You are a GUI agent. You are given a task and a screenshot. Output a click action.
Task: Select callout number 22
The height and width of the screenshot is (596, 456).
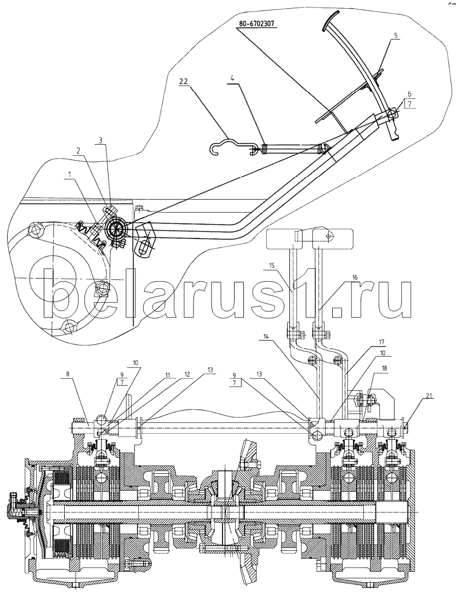tap(184, 81)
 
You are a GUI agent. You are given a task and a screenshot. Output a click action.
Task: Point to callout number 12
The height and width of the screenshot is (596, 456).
tap(187, 376)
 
